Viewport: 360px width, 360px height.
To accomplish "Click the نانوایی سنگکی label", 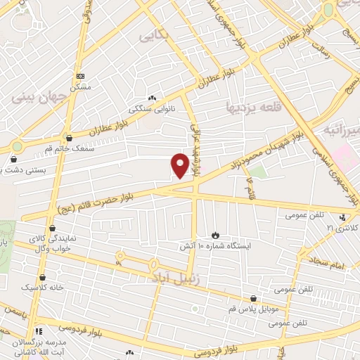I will click(x=150, y=109).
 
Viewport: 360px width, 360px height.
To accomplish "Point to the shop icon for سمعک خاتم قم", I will click(x=68, y=138).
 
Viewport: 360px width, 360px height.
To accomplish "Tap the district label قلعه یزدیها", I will click(x=254, y=108).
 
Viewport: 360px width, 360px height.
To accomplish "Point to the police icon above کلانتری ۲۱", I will click(x=342, y=218).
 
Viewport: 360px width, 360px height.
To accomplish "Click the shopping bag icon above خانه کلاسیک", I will click(x=42, y=278).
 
